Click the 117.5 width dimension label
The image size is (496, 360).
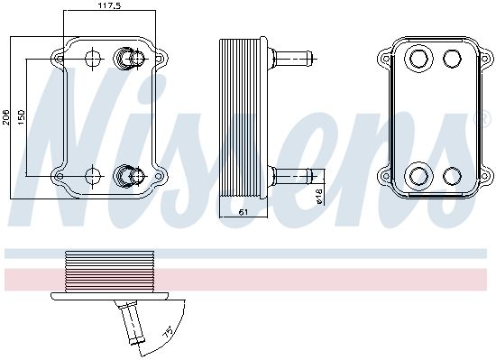[x=109, y=5]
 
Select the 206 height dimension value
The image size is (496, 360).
[x=6, y=117]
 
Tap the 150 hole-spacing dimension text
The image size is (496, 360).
[x=22, y=117]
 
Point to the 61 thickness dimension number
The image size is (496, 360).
[x=243, y=212]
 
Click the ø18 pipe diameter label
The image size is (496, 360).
[x=318, y=196]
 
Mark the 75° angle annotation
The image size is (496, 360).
[x=169, y=332]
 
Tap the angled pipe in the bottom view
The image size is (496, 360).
[x=130, y=323]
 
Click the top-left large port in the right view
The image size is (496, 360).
[x=418, y=58]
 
